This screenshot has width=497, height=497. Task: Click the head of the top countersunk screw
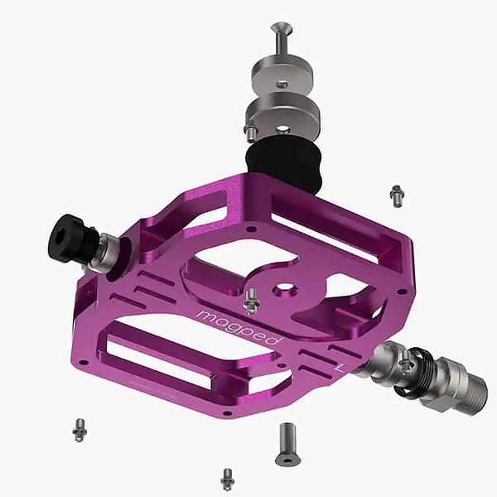(x=282, y=27)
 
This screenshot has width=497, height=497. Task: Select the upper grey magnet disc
(x=282, y=75)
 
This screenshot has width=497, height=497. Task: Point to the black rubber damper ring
(x=283, y=165)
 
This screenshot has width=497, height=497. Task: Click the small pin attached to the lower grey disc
(x=249, y=133)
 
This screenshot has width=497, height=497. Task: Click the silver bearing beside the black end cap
(x=106, y=253)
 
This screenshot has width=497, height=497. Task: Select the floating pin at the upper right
(x=397, y=196)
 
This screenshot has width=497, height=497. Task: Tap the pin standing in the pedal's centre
(x=252, y=302)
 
